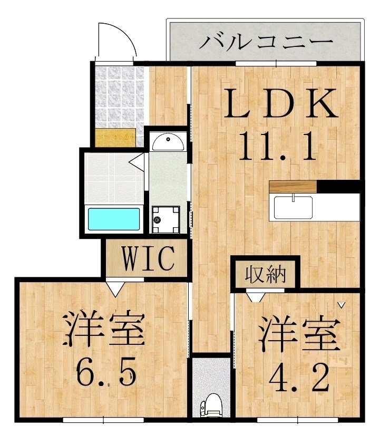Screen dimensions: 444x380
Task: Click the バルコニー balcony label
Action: [266, 41]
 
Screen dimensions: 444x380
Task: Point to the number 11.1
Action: [278, 146]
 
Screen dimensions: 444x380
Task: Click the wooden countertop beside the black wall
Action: [293, 186]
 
